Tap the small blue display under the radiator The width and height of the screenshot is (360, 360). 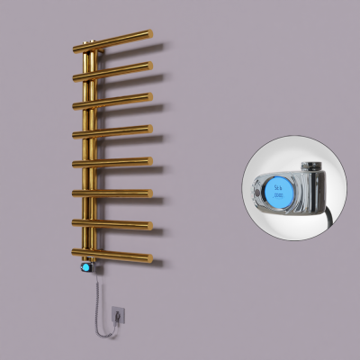(86, 267)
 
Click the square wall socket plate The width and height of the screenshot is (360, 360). (119, 314)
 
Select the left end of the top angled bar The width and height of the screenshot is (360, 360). (81, 49)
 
